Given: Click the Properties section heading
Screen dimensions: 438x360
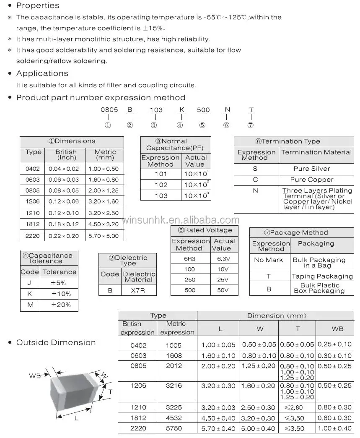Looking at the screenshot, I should tap(37, 6).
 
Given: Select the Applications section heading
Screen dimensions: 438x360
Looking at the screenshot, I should tap(42, 74).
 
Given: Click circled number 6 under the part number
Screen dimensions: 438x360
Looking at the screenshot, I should tap(227, 125).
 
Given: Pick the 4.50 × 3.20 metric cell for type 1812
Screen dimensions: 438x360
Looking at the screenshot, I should tap(104, 224).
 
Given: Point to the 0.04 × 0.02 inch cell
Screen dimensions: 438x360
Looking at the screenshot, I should tap(66, 169).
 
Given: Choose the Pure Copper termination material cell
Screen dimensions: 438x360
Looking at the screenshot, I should tap(312, 180).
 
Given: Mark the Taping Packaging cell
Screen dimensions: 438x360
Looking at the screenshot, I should tap(322, 276).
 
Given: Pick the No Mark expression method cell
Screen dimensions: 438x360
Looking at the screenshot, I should tap(268, 260).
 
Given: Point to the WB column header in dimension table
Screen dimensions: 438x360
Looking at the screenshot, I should tap(337, 329).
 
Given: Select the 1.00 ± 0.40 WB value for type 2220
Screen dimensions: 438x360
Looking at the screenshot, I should tap(334, 428).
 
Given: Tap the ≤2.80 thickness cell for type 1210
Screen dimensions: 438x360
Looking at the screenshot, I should tap(298, 407).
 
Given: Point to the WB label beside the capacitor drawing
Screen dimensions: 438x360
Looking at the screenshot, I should tap(35, 376).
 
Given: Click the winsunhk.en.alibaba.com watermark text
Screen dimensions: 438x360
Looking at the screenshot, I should tap(180, 221).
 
